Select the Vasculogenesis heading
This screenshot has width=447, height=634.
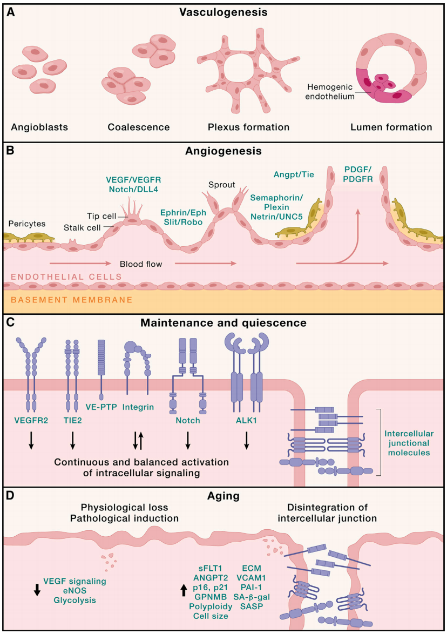pos(223,12)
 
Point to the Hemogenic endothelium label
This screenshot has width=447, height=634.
pos(330,92)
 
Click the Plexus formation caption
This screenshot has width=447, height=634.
pos(248,127)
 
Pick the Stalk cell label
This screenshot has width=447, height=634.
pos(79,228)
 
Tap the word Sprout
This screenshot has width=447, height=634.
pos(221,185)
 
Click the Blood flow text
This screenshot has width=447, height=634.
pos(141,264)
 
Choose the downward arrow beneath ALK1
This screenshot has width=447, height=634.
pos(247,441)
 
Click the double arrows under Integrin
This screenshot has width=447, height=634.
pos(138,441)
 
